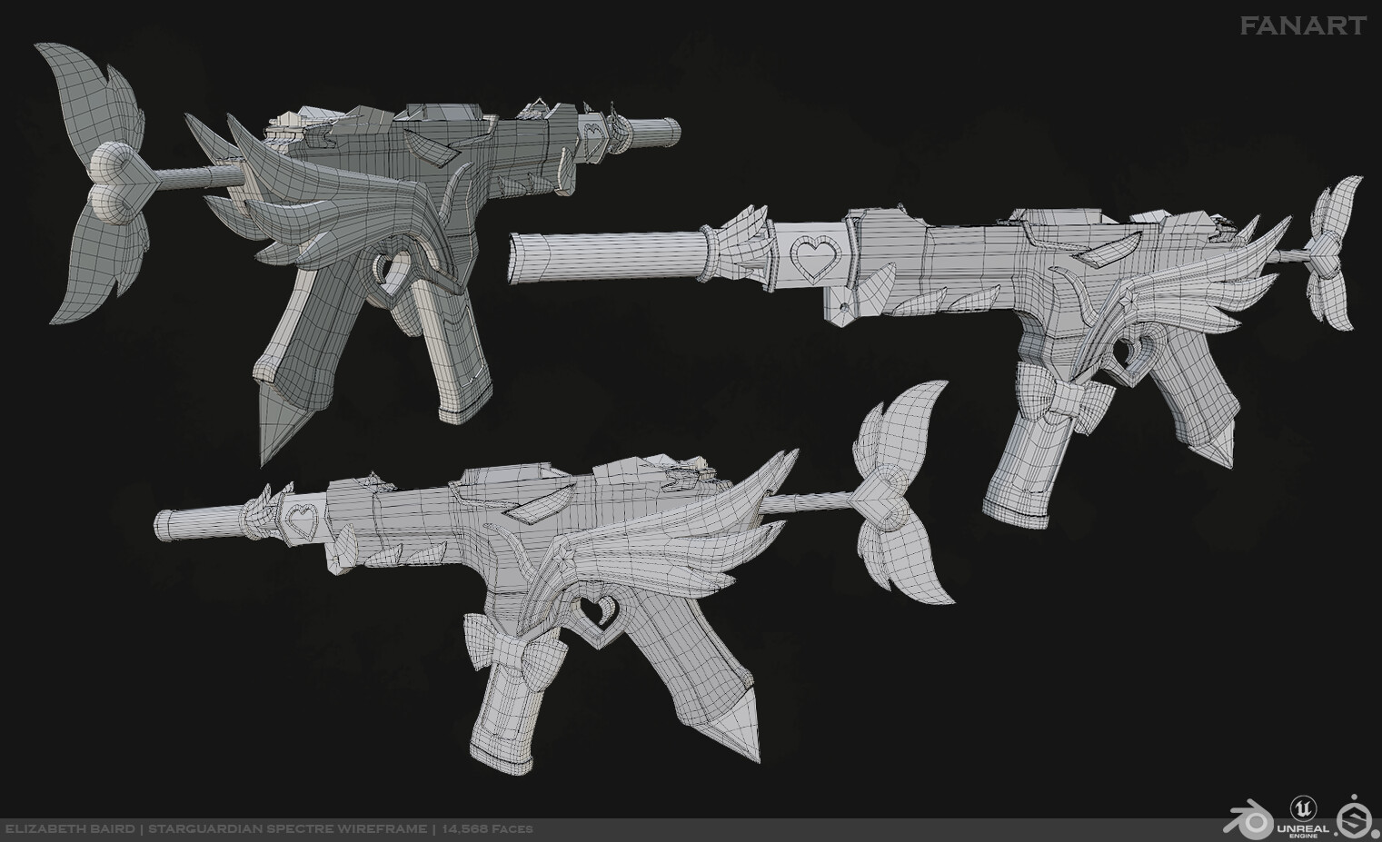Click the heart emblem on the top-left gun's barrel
(x=592, y=139)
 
